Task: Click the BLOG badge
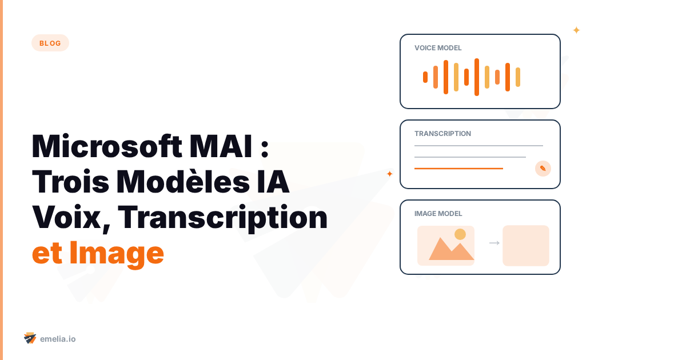coord(50,43)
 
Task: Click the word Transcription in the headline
coord(223,217)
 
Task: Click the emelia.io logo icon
coord(30,338)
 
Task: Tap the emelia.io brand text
coord(58,339)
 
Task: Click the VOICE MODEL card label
coord(438,48)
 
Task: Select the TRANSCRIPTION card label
coord(442,134)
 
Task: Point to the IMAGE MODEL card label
coord(438,214)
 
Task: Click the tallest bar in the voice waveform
coord(477,77)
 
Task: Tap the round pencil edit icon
coord(543,169)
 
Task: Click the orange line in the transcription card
coord(458,169)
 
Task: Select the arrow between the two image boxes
coord(494,243)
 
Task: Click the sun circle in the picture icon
coord(460,234)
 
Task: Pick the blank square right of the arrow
coord(526,246)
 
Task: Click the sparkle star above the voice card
coord(576,30)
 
